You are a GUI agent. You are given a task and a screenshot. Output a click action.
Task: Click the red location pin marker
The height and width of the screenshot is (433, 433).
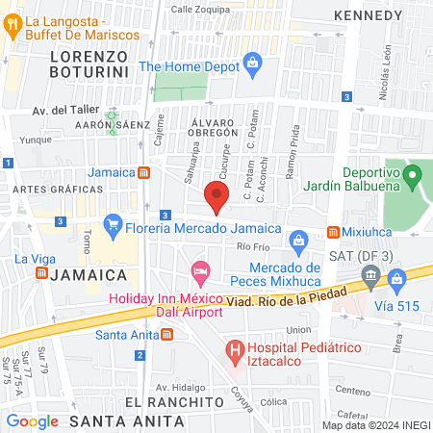216,199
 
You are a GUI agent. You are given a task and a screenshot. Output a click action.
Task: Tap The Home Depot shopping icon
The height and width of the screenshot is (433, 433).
252,66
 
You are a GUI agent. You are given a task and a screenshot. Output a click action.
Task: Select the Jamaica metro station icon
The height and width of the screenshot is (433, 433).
143,172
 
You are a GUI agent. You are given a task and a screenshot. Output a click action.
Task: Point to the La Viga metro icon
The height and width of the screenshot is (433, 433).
41,273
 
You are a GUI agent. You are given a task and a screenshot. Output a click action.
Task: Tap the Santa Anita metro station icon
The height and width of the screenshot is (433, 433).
167,335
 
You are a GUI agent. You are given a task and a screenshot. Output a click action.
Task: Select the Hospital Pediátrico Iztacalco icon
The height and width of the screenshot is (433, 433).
233,351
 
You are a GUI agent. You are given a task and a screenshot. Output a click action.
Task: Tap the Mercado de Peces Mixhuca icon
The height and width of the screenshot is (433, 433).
298,239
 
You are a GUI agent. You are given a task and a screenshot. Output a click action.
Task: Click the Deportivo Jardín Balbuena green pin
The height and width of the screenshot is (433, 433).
412,177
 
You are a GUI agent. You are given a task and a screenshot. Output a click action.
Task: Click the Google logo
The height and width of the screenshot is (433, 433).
33,420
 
